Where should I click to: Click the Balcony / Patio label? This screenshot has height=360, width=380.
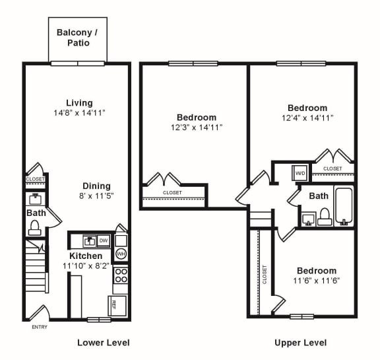click(x=77, y=37)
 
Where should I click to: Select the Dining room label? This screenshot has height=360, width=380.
click(x=96, y=186)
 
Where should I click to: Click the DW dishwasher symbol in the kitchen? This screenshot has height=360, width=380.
click(x=104, y=240)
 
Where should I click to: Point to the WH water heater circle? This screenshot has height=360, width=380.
click(x=121, y=254)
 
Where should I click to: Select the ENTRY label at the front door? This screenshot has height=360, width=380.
click(x=40, y=327)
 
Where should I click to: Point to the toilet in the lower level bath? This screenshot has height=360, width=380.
click(x=34, y=227)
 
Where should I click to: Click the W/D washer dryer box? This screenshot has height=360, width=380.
click(x=300, y=174)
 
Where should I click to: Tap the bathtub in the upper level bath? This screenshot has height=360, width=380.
click(x=344, y=206)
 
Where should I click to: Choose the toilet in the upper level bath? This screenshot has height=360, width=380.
click(x=325, y=216)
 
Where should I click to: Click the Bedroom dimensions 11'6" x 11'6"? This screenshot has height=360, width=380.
click(x=316, y=281)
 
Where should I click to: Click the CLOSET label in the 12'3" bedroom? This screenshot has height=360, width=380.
click(x=172, y=192)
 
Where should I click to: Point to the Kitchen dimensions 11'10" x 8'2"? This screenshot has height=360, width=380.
click(x=86, y=266)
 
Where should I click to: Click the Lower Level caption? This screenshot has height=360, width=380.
click(x=103, y=342)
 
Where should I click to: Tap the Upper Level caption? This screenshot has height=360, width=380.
click(x=300, y=342)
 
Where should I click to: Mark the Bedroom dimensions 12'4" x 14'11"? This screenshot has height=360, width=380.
click(x=307, y=118)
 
